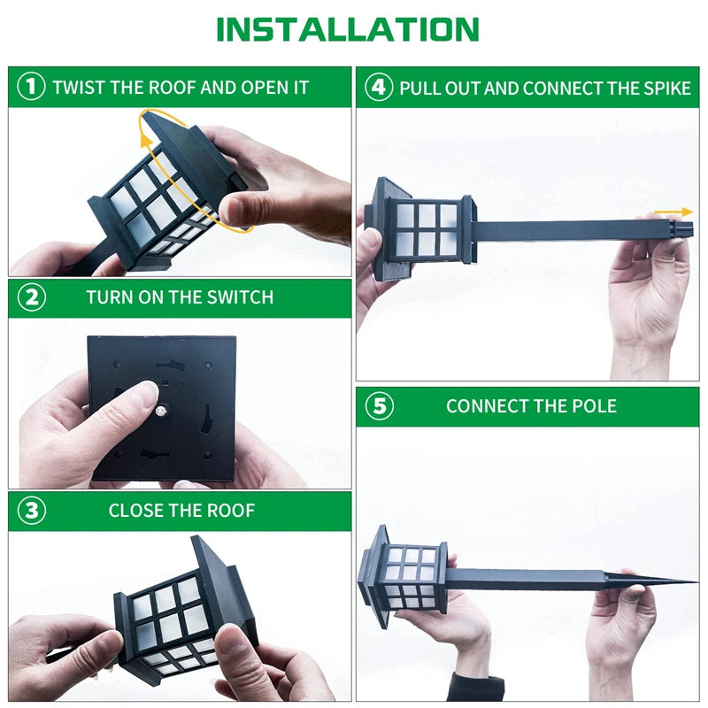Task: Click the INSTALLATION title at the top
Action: [347, 29]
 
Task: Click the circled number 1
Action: [31, 87]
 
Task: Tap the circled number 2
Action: [31, 297]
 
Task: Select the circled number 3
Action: [31, 511]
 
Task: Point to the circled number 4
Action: [379, 87]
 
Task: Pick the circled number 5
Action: [379, 406]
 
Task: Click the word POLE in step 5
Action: [596, 406]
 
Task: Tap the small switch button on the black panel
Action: [163, 410]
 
